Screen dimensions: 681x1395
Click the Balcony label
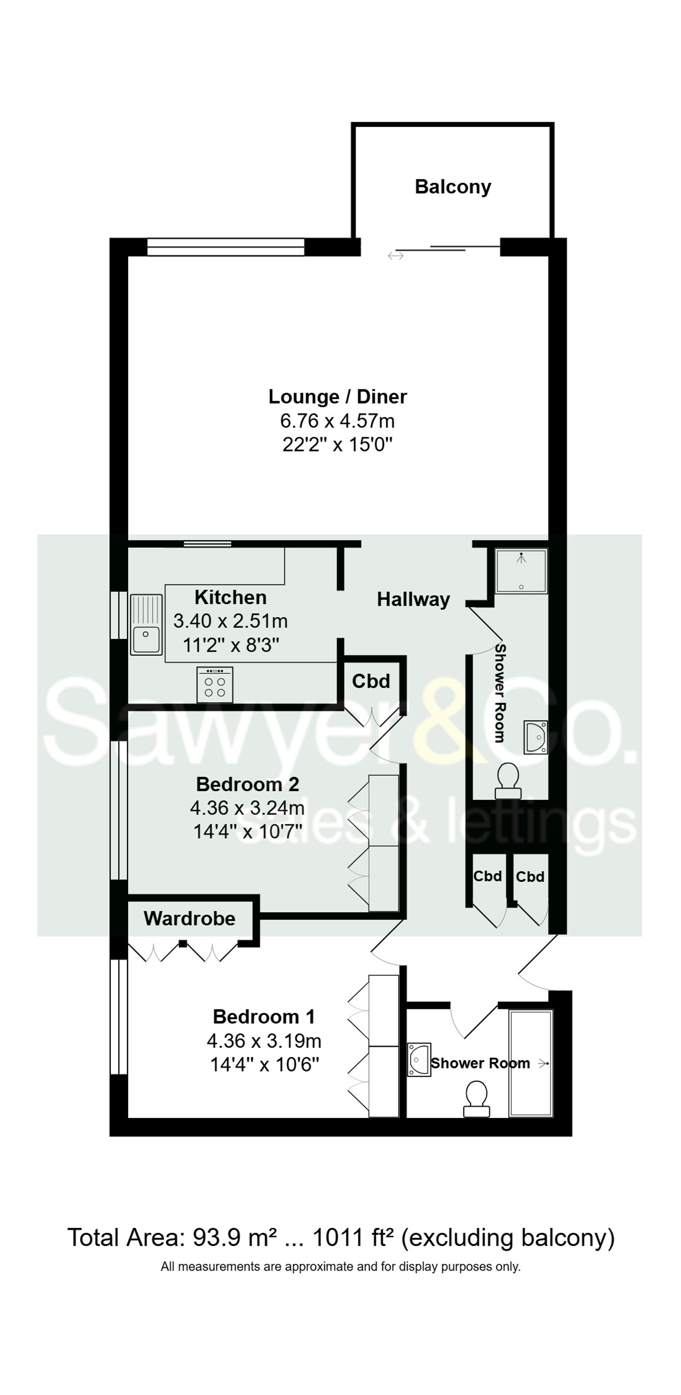[x=453, y=187]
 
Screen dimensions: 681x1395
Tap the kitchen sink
[x=146, y=624]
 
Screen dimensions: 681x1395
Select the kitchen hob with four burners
[x=215, y=684]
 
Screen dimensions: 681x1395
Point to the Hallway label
[x=414, y=600]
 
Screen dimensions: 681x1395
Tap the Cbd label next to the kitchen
[x=371, y=681]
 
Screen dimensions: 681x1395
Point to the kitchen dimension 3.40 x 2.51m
[x=231, y=621]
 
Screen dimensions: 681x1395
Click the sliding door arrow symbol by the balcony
[x=396, y=255]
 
